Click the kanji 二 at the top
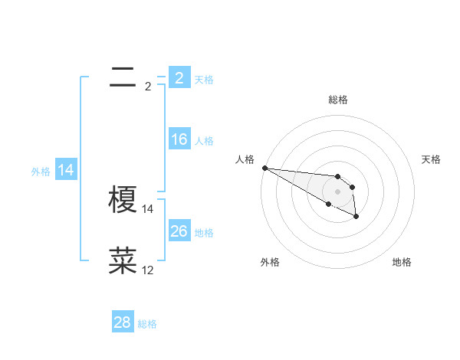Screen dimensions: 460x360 click(123, 76)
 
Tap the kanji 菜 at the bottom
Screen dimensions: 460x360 click(123, 260)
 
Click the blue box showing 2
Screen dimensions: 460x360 click(179, 77)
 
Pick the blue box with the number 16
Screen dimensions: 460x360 click(179, 139)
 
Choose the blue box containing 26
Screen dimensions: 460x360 click(179, 231)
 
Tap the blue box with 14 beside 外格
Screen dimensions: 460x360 click(66, 170)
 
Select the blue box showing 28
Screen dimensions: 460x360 click(122, 322)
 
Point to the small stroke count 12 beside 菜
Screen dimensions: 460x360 click(148, 270)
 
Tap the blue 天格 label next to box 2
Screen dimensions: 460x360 click(204, 79)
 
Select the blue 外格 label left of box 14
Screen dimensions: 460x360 click(41, 172)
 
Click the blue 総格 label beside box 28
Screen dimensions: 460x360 click(147, 324)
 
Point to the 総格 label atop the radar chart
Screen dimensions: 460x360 click(338, 100)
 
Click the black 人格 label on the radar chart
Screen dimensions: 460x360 click(245, 159)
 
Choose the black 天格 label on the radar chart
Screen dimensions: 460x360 click(432, 159)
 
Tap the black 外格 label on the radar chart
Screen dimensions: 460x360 click(270, 262)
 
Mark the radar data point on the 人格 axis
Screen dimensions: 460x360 click(264, 168)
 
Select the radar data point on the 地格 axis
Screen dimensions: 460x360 click(356, 217)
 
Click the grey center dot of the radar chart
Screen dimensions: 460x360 click(338, 191)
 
